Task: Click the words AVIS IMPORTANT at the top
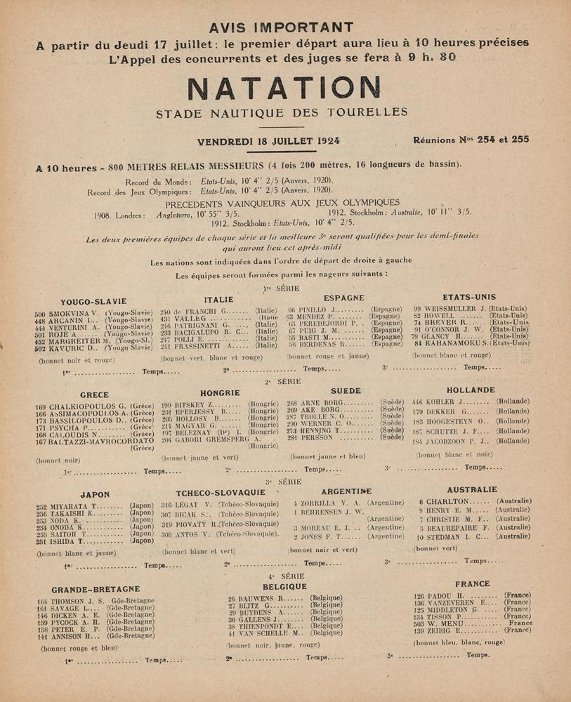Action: pyautogui.click(x=284, y=28)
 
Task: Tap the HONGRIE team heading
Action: pyautogui.click(x=221, y=393)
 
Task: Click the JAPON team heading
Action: pyautogui.click(x=96, y=494)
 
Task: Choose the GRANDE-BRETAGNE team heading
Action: pyautogui.click(x=96, y=589)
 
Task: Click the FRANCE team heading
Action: pyautogui.click(x=472, y=584)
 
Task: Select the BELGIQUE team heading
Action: pyautogui.click(x=284, y=585)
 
